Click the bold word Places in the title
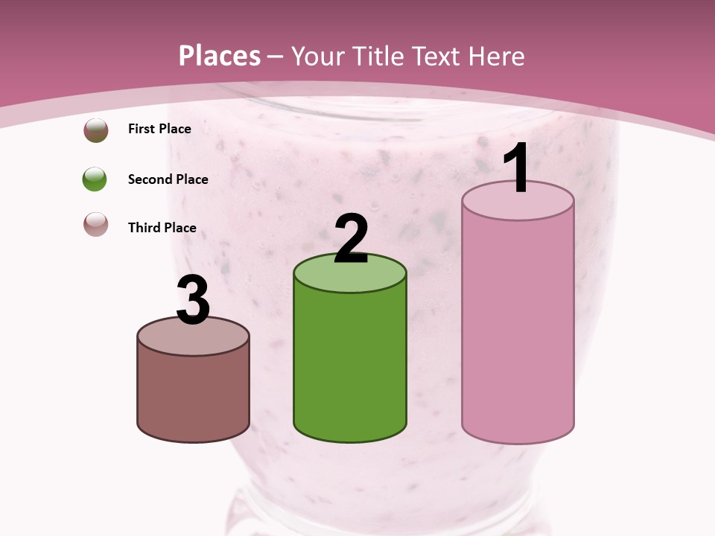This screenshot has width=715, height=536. coord(220,56)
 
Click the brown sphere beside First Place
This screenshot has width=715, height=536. coord(95,130)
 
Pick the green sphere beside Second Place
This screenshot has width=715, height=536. coord(95,179)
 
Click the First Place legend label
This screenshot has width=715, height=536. coord(159,129)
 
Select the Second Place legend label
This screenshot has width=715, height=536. coord(168,179)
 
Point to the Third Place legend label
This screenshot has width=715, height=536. coord(162,228)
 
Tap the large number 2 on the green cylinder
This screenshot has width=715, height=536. coord(351,239)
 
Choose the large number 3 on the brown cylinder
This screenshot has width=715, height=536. coord(193,301)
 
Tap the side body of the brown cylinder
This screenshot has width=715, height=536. coord(193,395)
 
